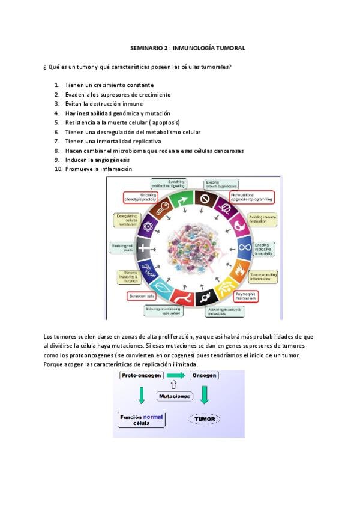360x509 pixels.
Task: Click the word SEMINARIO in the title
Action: [146, 47]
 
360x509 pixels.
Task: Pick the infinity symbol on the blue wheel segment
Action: [245, 247]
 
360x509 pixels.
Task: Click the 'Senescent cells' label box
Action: [142, 296]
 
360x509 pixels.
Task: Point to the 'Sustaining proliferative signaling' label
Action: [169, 183]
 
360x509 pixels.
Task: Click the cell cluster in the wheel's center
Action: [194, 246]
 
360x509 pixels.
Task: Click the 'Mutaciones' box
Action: [175, 396]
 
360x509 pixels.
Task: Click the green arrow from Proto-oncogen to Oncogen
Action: [175, 375]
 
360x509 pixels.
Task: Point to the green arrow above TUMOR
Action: [204, 394]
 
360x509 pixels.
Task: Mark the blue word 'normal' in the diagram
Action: [153, 416]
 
